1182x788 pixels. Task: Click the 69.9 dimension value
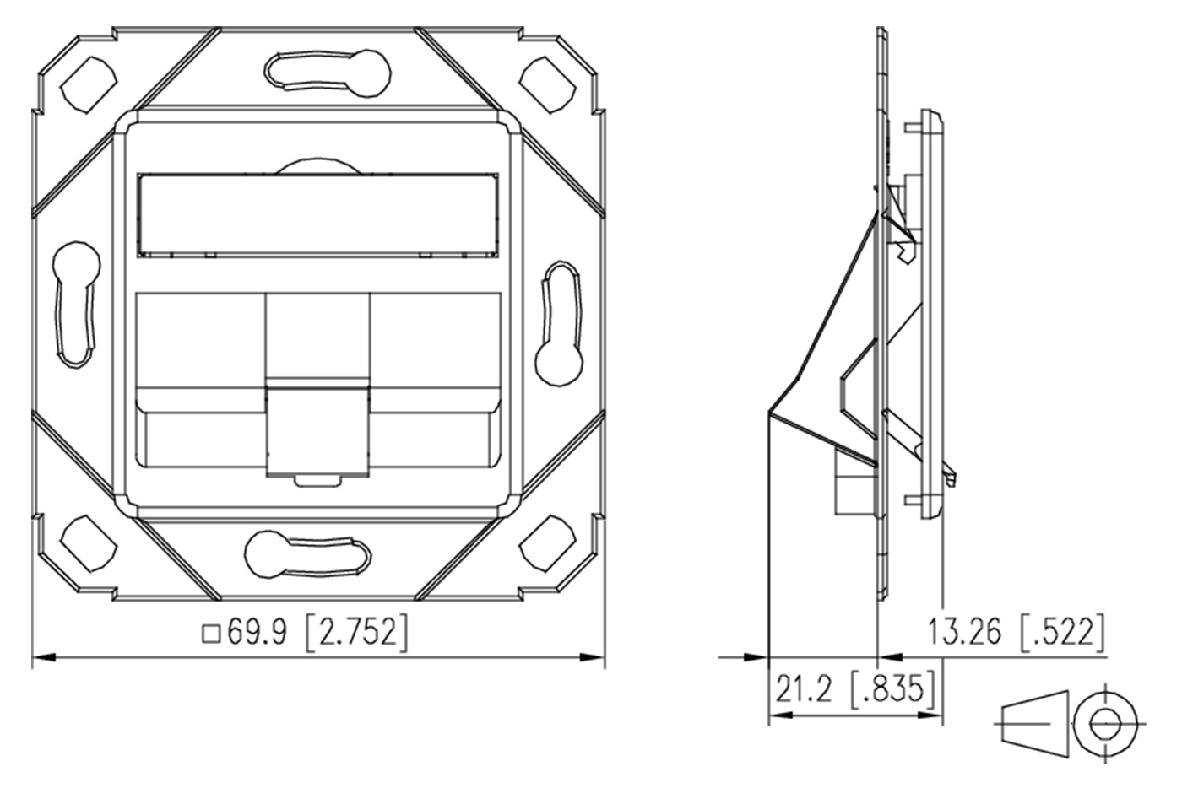257,632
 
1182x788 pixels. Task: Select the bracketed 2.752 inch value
357,632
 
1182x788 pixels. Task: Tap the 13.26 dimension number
964,632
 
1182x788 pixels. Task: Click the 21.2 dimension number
803,688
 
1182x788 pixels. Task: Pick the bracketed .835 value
893,688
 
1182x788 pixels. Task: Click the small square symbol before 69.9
211,634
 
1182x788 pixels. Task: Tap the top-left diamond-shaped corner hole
88,84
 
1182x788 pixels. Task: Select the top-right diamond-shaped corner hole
548,84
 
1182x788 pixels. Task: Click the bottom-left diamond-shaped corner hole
88,543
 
